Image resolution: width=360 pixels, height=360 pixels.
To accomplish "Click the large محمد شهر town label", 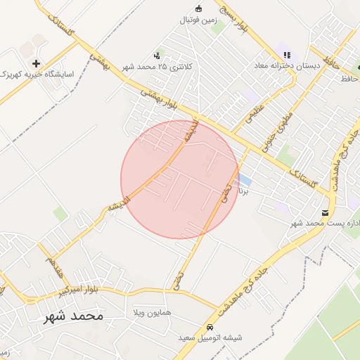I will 73,316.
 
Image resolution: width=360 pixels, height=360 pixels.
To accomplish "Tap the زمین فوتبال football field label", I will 198,20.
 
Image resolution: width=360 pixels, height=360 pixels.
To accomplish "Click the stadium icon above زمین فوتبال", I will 198,8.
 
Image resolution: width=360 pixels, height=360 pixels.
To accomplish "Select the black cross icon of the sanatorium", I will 36,63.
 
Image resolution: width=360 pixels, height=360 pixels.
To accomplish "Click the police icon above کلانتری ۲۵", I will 157,55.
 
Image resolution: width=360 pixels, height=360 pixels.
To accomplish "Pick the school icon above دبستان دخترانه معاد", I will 286,53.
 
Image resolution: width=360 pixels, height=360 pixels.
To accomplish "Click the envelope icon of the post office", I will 325,212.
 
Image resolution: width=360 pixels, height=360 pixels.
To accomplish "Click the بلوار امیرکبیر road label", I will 83,289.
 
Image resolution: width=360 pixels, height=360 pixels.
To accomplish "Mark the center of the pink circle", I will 179,179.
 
